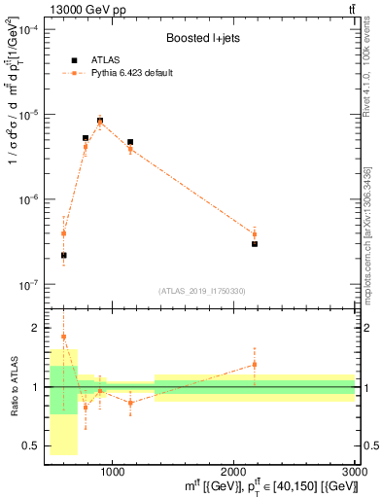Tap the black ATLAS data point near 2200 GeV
tap(255, 244)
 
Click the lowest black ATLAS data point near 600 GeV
tap(63, 256)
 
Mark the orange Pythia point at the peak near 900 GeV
tap(100, 123)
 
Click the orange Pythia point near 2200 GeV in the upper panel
tap(255, 234)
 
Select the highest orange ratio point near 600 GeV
tap(63, 337)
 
